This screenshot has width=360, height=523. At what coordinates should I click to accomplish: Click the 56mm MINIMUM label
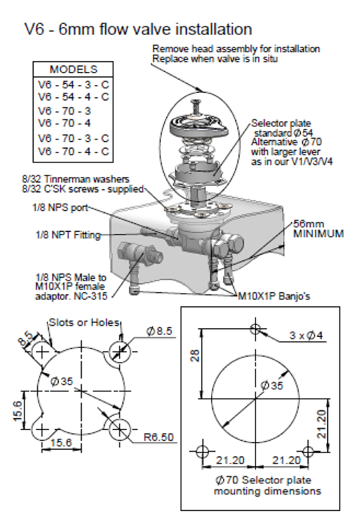[x=318, y=227]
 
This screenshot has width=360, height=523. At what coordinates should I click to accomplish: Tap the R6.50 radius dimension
[x=159, y=437]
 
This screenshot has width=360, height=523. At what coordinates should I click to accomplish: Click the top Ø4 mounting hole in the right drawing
[x=256, y=329]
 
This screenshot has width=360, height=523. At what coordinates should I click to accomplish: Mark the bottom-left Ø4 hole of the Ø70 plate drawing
[x=202, y=450]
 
